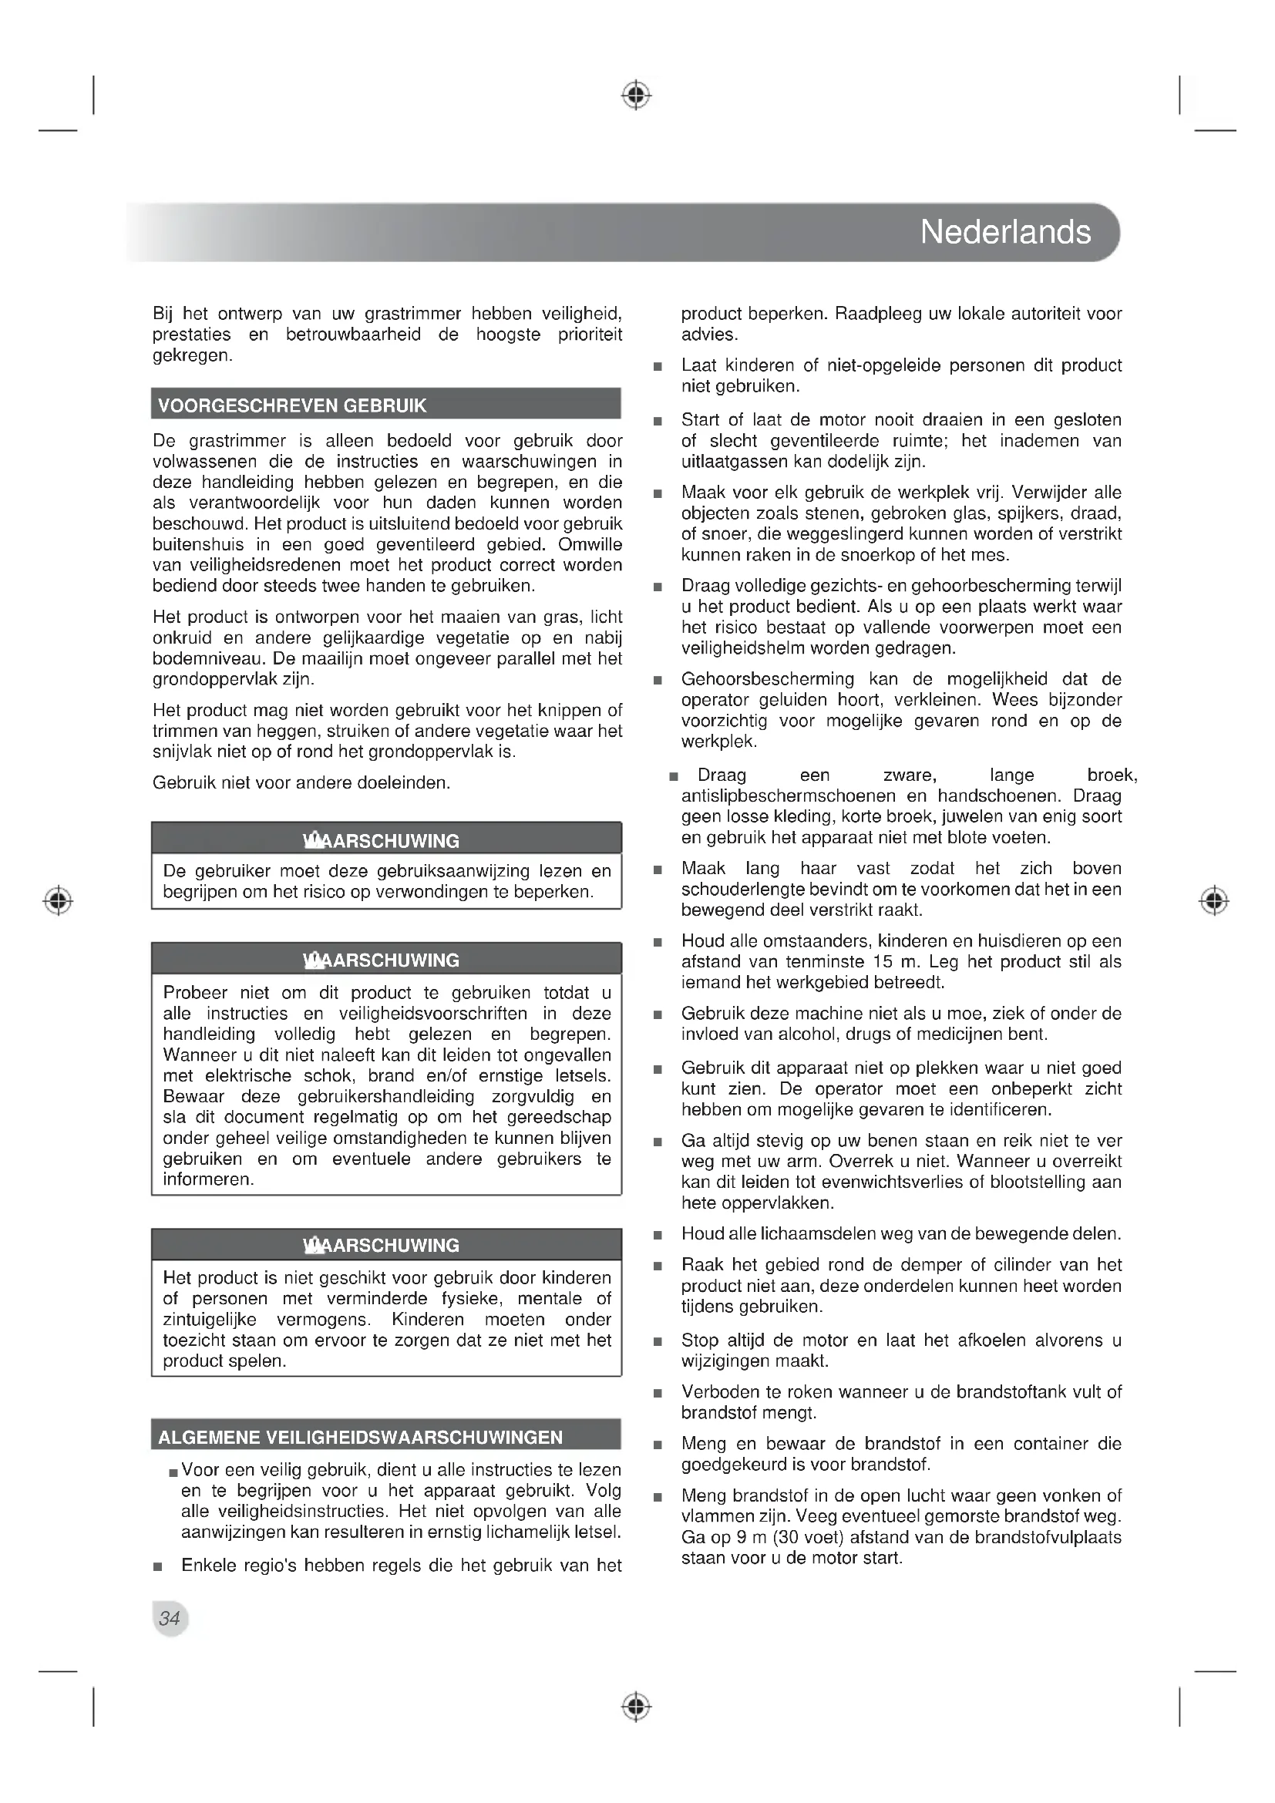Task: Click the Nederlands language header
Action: [1005, 233]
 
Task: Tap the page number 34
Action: [170, 1619]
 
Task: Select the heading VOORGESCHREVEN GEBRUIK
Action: [292, 406]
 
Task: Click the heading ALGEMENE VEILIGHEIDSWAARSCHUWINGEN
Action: [360, 1438]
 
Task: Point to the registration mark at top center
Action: [637, 95]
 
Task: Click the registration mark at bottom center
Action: [637, 1707]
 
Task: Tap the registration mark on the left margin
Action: [58, 900]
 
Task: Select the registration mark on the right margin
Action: [1214, 900]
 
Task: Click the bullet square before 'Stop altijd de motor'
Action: [658, 1341]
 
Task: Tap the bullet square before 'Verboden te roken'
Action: [658, 1394]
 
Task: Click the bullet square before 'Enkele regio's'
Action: [158, 1566]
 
